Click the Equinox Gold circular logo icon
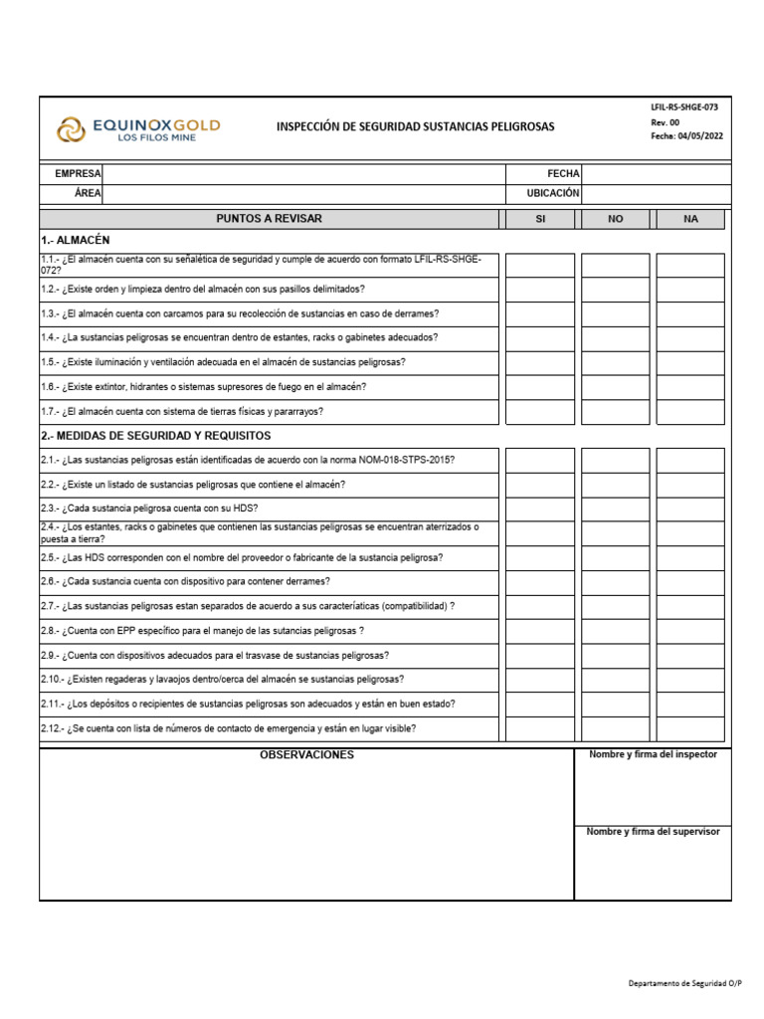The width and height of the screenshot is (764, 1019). [x=71, y=129]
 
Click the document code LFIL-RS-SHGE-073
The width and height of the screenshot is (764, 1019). [x=683, y=106]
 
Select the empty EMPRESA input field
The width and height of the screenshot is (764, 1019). [x=302, y=174]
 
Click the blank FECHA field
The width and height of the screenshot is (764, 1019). [x=655, y=174]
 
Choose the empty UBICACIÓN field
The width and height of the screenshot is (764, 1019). [x=655, y=194]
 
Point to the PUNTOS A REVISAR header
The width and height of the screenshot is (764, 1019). [x=269, y=219]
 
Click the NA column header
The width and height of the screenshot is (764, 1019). [x=690, y=219]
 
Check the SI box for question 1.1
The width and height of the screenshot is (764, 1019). [x=540, y=266]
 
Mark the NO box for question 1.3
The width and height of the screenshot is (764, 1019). [x=615, y=314]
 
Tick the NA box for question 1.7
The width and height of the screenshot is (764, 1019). [x=690, y=412]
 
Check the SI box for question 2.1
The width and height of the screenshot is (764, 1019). [x=540, y=461]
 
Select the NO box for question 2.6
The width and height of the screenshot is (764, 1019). [x=615, y=582]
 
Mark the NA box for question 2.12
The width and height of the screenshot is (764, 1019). [x=690, y=728]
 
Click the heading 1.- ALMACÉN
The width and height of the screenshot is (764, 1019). [x=76, y=241]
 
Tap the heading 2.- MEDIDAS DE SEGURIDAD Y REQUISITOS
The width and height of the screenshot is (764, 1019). [x=156, y=436]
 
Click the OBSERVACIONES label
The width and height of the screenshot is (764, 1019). [x=306, y=755]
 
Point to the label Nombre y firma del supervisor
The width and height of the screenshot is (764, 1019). [x=653, y=832]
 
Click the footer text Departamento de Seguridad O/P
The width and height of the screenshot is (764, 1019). [x=684, y=983]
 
